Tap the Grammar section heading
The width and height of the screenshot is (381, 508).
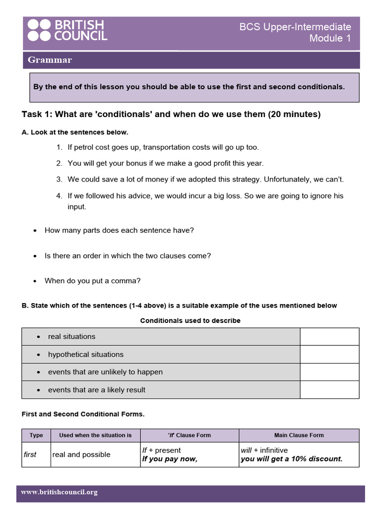pyautogui.click(x=50, y=60)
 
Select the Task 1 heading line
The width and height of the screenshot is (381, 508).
pyautogui.click(x=171, y=115)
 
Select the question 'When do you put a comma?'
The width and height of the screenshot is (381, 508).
pyautogui.click(x=93, y=281)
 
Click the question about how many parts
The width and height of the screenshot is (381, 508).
pyautogui.click(x=119, y=230)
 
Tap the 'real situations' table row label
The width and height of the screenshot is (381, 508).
pyautogui.click(x=71, y=336)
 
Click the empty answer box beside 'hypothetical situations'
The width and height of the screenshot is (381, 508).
pyautogui.click(x=329, y=354)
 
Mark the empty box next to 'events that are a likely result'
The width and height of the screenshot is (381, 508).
pyautogui.click(x=329, y=390)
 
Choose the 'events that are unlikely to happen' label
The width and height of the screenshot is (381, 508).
pyautogui.click(x=105, y=372)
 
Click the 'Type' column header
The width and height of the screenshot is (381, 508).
pyautogui.click(x=36, y=435)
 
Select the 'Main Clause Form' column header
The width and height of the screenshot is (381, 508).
pyautogui.click(x=299, y=435)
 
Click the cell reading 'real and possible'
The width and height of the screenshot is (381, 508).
pyautogui.click(x=81, y=454)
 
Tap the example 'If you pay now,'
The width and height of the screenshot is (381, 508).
pyautogui.click(x=170, y=459)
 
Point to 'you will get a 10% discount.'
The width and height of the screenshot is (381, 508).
pyautogui.click(x=292, y=459)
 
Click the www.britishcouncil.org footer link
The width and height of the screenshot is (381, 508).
pyautogui.click(x=59, y=492)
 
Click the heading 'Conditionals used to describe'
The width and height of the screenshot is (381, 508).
pyautogui.click(x=190, y=320)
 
